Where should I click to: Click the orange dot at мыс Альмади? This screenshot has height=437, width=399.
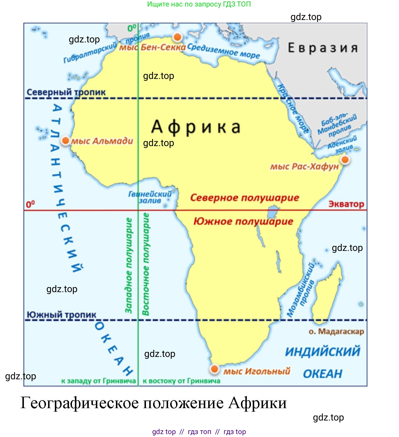[66, 140]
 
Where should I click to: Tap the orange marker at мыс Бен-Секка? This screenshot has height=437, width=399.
[178, 37]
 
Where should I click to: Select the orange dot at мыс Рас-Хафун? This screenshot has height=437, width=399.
[345, 160]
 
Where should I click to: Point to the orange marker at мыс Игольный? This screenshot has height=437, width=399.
[214, 368]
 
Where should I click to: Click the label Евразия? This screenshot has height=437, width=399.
[323, 48]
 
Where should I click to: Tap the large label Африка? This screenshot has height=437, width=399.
[196, 127]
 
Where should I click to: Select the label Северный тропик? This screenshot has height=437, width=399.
[66, 92]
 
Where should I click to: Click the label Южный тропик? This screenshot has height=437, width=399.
[61, 314]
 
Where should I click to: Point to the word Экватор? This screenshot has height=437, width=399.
[346, 204]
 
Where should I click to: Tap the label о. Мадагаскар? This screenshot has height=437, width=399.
[336, 331]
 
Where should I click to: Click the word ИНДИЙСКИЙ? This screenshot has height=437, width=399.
[323, 352]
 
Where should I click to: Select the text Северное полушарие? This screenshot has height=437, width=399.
[244, 198]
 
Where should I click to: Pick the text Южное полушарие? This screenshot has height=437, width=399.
[243, 221]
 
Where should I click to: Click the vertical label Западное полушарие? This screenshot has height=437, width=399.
[128, 265]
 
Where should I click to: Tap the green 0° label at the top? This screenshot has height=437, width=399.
[132, 28]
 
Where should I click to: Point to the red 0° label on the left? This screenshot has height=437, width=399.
[30, 204]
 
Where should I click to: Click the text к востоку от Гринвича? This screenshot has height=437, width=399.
[181, 381]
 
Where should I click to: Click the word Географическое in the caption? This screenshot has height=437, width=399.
[80, 403]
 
